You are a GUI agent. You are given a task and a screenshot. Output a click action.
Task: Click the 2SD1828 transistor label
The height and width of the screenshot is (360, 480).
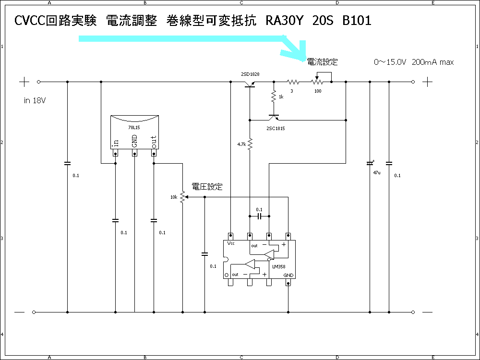(250, 75)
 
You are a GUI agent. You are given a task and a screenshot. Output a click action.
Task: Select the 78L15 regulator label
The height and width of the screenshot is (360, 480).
(134, 128)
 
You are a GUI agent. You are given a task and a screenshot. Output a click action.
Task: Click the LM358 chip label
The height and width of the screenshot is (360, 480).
(279, 265)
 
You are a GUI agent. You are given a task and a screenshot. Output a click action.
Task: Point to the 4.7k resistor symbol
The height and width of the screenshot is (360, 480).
(250, 144)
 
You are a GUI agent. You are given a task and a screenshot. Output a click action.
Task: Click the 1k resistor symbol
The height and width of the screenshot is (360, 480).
(274, 96)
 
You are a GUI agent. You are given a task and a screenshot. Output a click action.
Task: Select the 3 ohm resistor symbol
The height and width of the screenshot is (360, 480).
(294, 82)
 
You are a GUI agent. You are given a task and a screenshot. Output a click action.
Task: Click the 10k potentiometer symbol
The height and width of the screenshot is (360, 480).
(182, 197)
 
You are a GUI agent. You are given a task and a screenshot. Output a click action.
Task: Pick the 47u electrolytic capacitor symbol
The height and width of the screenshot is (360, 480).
(370, 164)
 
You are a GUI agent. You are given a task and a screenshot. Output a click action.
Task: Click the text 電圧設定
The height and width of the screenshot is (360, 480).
(207, 187)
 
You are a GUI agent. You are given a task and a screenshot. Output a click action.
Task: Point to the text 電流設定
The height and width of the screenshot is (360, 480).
(322, 62)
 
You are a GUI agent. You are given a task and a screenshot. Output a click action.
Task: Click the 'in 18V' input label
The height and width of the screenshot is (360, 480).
(35, 101)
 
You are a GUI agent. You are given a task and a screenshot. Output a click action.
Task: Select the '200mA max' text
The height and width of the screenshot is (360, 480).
(432, 62)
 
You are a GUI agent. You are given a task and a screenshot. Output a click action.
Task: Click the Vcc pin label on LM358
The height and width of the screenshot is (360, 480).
(231, 243)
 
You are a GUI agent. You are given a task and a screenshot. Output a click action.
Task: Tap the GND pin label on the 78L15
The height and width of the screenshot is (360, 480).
(135, 141)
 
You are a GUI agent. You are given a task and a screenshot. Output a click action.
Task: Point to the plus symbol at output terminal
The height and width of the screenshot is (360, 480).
(428, 82)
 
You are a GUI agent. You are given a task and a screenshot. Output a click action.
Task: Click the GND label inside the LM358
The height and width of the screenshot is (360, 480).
(288, 275)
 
